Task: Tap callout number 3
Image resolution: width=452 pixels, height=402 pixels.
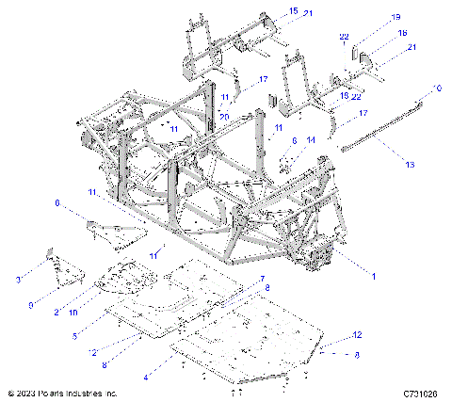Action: coord(17,280)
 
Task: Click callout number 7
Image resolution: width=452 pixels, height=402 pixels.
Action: coord(263,280)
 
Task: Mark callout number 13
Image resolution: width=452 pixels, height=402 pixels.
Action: coord(409,164)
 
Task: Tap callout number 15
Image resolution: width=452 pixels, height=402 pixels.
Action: coord(293,10)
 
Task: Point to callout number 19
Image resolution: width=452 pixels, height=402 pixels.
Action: coord(369,17)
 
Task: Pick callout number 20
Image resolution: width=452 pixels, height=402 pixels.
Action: coord(224,115)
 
